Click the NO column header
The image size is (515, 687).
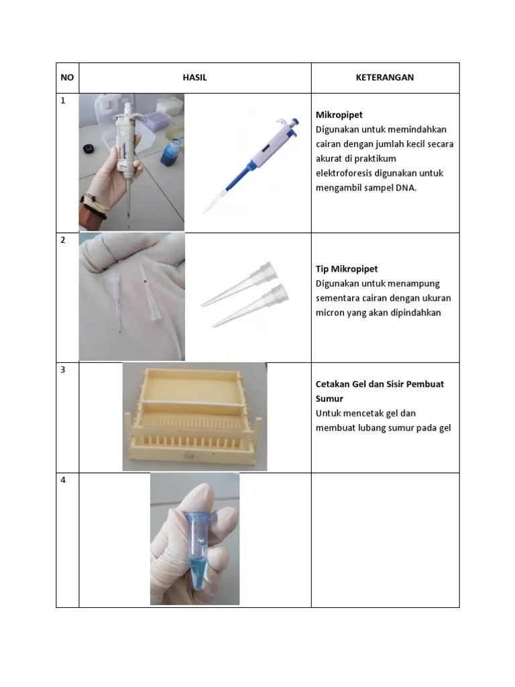[x=67, y=78]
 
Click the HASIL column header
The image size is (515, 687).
[x=195, y=78]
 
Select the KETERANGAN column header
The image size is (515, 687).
[x=384, y=78]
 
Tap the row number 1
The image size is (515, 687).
[x=63, y=101]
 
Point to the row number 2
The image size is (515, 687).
[x=63, y=240]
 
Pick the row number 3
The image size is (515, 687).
[x=63, y=370]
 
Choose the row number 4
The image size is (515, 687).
[x=63, y=480]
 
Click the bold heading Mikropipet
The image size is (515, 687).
[x=339, y=115]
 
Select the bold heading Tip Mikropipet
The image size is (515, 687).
[x=347, y=269]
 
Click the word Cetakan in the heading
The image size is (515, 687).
[x=332, y=384]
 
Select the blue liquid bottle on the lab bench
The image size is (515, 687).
[x=172, y=151]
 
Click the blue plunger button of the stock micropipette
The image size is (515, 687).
[x=296, y=122]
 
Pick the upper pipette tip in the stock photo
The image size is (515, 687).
[x=239, y=284]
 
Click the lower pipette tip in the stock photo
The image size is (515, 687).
[x=250, y=305]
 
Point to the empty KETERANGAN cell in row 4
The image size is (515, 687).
[x=386, y=540]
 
